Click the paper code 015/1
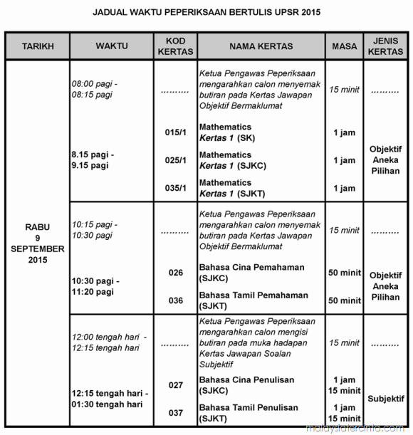coord(175,132)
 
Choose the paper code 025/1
coord(175,160)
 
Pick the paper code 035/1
coord(175,189)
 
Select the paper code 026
coord(176,273)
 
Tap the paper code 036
coord(176,300)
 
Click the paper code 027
coord(176,385)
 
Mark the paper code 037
coord(176,413)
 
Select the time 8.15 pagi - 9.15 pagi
coord(93,160)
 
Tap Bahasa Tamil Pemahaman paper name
coord(253,300)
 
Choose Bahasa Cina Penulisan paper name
coord(246,384)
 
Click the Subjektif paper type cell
coord(385,399)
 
